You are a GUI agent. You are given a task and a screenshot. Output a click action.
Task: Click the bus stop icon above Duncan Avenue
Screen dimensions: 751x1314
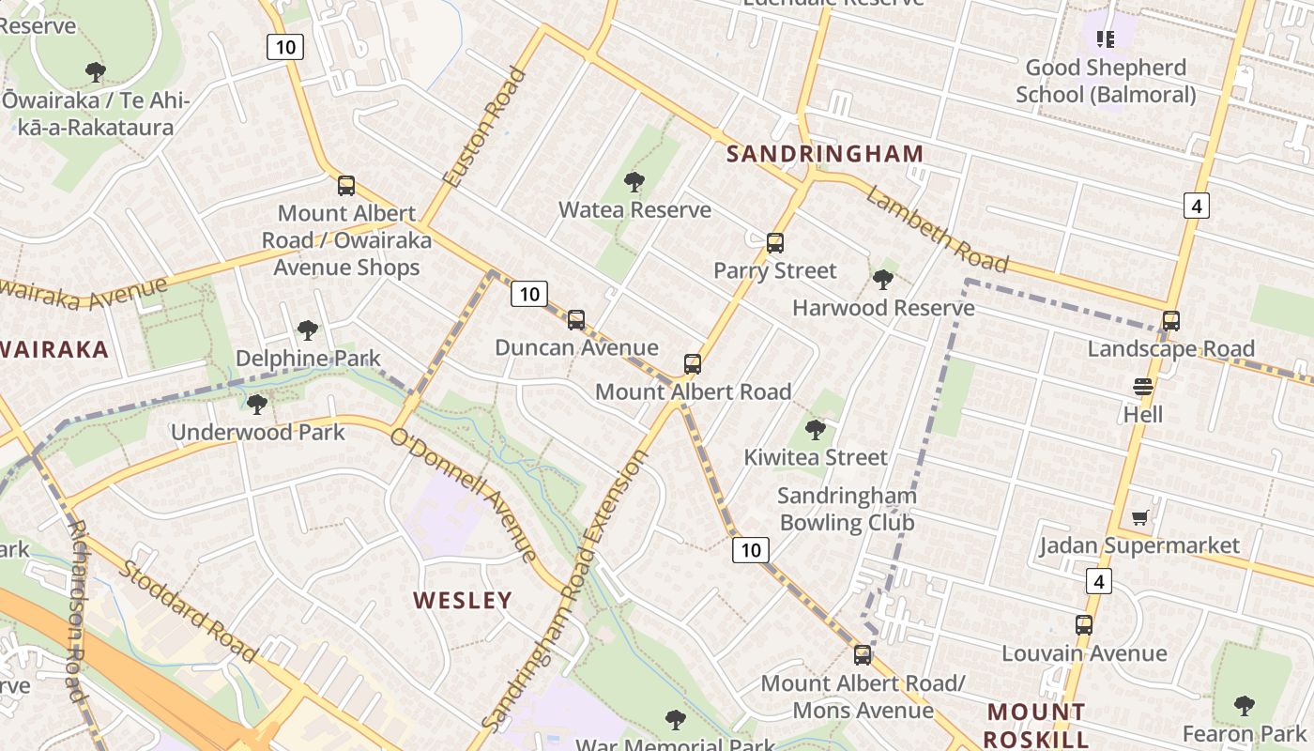(576, 320)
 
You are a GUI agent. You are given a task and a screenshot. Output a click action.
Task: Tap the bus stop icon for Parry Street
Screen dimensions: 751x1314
(774, 243)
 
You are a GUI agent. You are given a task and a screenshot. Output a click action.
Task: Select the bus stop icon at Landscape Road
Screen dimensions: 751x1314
(1170, 321)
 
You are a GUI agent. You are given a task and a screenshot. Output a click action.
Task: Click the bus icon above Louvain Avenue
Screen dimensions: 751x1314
(1084, 625)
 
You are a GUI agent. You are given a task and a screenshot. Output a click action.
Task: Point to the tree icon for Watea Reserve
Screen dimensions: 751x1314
(634, 182)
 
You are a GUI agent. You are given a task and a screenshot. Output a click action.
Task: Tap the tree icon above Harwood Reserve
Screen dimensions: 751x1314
(882, 280)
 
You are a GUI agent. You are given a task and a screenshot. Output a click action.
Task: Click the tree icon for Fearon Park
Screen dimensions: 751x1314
(1245, 706)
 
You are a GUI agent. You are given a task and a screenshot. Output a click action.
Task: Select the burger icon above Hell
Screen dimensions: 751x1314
(1142, 387)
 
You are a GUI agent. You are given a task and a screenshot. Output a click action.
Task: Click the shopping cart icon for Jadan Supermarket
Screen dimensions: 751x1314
(1140, 518)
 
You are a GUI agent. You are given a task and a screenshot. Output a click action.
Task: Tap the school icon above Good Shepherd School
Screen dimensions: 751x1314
(1106, 39)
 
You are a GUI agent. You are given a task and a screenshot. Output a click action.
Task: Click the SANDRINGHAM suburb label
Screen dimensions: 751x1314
(825, 154)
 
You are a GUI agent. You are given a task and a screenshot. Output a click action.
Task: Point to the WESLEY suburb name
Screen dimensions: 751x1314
(463, 600)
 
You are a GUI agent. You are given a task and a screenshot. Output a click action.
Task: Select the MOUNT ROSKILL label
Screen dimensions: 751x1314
(1036, 725)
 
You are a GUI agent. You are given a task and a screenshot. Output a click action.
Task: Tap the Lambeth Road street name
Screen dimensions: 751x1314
(936, 230)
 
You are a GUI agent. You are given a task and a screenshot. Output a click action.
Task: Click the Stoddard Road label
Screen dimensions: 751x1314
(188, 611)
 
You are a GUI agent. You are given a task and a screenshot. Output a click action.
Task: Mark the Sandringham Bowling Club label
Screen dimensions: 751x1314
(847, 509)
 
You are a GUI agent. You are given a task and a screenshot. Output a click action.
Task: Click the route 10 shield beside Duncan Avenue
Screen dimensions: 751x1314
(529, 295)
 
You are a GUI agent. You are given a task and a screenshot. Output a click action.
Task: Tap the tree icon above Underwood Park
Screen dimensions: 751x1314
(256, 405)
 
